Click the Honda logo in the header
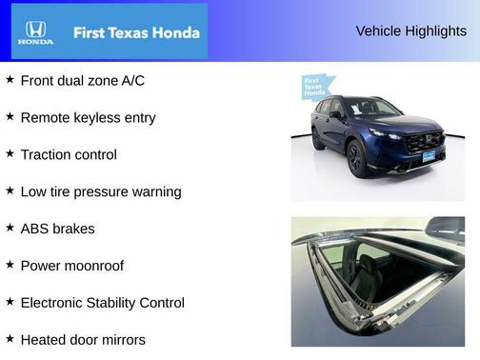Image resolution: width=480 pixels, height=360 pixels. [x=35, y=32]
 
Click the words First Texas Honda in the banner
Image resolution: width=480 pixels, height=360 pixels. [x=136, y=32]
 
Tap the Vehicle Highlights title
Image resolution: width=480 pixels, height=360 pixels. [x=410, y=30]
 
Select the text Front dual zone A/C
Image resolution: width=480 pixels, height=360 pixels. [x=83, y=81]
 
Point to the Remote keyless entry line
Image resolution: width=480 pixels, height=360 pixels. [x=88, y=118]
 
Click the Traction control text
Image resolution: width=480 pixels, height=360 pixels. [x=69, y=154]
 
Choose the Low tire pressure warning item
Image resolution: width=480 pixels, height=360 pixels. [x=100, y=191]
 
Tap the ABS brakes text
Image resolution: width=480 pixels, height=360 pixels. [x=57, y=229]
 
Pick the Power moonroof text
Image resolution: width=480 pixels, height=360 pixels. [x=71, y=266]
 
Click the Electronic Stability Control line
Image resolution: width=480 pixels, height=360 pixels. [x=102, y=303]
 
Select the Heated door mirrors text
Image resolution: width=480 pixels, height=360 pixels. [x=83, y=339]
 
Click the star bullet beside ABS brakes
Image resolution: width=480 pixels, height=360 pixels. [x=10, y=228]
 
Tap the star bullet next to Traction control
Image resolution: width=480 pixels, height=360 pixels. [x=10, y=153]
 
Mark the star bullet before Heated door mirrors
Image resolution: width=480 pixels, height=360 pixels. [x=10, y=338]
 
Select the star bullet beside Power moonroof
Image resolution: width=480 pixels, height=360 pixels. [x=10, y=265]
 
